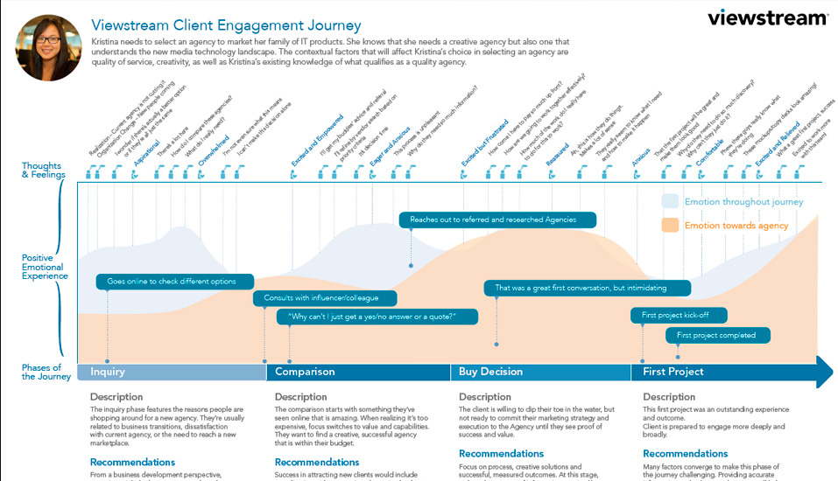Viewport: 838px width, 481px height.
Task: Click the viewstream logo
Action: coord(767,17)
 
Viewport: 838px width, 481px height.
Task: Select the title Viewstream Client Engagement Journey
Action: coord(226,26)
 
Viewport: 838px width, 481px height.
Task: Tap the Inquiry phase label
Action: coord(108,372)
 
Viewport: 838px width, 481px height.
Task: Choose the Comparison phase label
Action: coord(305,372)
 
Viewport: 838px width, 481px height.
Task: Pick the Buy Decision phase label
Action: coord(490,372)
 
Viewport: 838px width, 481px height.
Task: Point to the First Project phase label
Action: coord(673,372)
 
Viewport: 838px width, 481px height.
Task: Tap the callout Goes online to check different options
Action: coord(175,282)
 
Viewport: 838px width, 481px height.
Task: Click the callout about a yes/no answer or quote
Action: coord(378,316)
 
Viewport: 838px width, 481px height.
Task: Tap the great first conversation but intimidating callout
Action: coord(587,288)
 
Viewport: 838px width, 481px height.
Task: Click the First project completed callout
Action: coord(718,335)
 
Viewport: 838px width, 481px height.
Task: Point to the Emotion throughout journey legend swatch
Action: coord(671,202)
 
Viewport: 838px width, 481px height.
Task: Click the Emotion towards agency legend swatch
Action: coord(671,226)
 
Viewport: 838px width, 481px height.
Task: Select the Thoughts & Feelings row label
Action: coord(42,171)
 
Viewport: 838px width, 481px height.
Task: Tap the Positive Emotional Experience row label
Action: coord(45,267)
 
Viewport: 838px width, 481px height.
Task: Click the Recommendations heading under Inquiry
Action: coord(132,462)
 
